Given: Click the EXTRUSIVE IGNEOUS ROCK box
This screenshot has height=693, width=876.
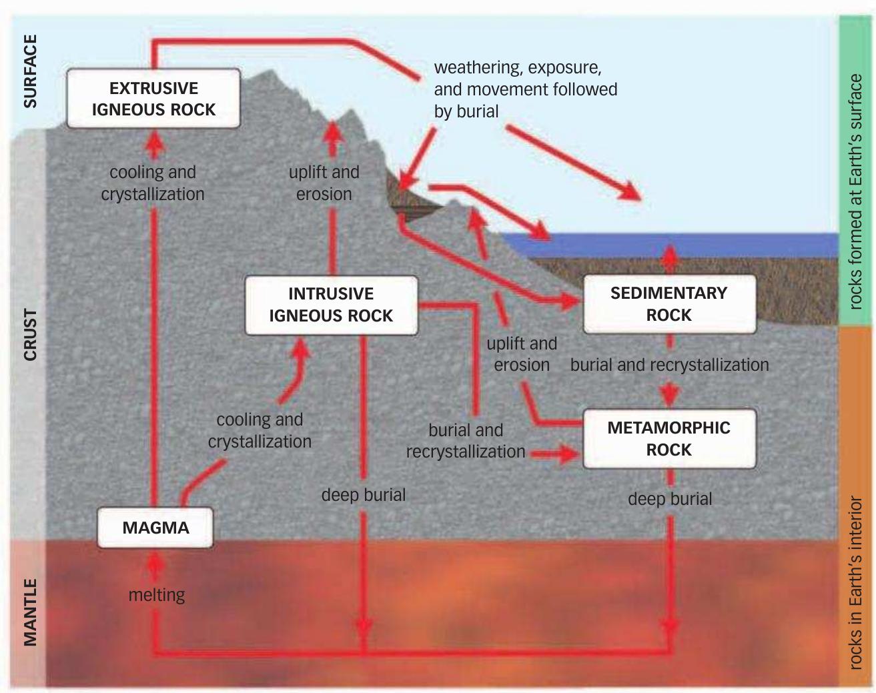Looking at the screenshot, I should click(x=153, y=99).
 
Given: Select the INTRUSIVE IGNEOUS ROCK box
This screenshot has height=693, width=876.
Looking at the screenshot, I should click(x=331, y=305).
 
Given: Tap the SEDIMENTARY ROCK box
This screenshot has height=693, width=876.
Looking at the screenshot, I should click(x=669, y=304).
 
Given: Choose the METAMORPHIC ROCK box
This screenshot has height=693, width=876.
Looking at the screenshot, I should click(x=669, y=438).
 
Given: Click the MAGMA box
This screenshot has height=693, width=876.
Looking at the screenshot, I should click(x=155, y=528).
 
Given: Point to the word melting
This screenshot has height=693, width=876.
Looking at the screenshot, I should click(x=157, y=594).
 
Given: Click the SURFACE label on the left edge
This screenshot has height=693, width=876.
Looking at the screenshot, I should click(x=30, y=71).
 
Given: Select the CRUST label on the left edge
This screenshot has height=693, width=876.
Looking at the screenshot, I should click(x=30, y=334).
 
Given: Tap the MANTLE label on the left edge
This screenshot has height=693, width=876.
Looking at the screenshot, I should click(x=30, y=612).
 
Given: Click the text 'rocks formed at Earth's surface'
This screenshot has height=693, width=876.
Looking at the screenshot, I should click(x=855, y=191).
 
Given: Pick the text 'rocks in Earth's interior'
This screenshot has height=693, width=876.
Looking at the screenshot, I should click(x=855, y=582).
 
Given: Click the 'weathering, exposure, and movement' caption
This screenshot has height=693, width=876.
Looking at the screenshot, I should click(x=525, y=89).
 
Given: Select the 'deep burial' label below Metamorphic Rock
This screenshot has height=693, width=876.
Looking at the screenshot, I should click(x=670, y=499).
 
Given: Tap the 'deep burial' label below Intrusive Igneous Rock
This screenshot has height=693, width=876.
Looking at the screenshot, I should click(x=363, y=495).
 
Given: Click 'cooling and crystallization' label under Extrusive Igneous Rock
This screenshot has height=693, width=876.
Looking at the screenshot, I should click(x=153, y=183).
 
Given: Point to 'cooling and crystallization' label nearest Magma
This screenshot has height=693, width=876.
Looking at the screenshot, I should click(x=260, y=430).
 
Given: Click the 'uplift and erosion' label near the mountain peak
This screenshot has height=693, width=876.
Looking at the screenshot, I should click(x=324, y=183).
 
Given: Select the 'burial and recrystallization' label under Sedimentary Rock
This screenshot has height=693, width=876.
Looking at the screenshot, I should click(x=669, y=365).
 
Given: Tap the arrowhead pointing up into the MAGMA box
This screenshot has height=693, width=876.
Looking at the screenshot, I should click(x=155, y=562).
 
